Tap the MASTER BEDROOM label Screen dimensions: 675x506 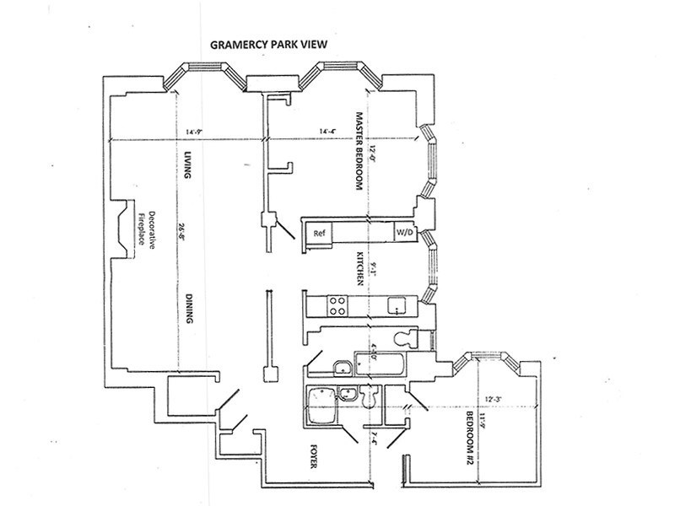coord(359,152)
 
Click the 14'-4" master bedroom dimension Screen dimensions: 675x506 coord(330,132)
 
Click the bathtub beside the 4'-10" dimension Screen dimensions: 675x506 coord(379,366)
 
